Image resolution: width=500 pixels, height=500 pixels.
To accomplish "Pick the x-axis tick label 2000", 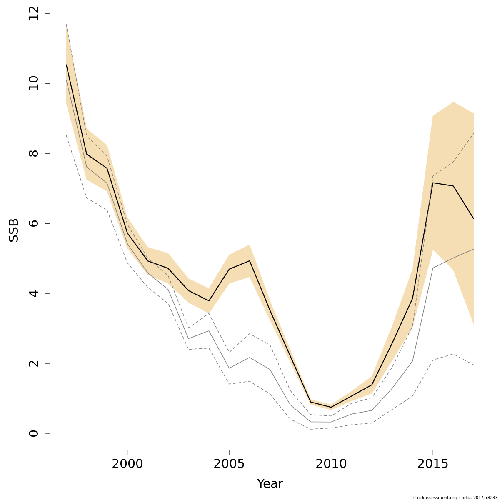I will coord(127,464).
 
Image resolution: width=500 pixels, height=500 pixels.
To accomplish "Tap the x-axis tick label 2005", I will coord(229,464).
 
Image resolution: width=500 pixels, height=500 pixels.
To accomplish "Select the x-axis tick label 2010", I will coord(331,464).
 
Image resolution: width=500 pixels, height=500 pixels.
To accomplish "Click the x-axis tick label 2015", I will coord(433,464).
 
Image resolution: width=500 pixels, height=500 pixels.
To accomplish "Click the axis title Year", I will coord(270,484).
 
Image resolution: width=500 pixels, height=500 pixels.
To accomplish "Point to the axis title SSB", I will coord(14,230).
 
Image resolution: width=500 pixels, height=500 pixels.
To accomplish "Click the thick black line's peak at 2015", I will coord(433,183).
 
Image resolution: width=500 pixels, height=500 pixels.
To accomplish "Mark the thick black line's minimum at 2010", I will coord(331,407).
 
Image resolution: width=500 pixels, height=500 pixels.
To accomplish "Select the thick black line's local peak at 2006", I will coord(250,261).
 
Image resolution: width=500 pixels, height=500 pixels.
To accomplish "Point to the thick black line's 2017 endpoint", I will coord(474,219).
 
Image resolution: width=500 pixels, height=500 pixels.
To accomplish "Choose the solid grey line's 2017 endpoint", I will coord(474,249).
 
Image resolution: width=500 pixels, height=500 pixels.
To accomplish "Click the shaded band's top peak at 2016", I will coord(453,102).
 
